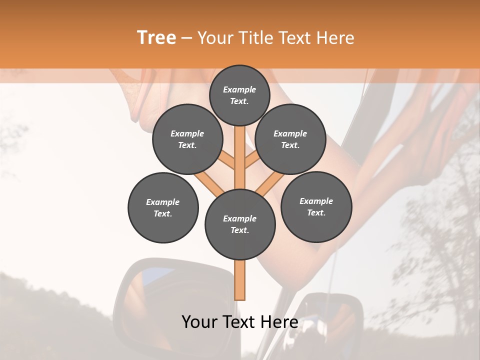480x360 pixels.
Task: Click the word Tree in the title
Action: (x=156, y=38)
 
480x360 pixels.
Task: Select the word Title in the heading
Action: (x=256, y=38)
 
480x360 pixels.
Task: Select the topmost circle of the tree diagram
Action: (x=239, y=95)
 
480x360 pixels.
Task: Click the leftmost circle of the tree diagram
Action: (x=163, y=208)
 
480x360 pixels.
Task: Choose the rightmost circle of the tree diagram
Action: (x=316, y=207)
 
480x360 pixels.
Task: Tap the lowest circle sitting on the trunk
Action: (x=240, y=224)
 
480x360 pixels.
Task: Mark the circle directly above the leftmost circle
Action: (x=187, y=139)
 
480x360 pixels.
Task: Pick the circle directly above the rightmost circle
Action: (x=290, y=139)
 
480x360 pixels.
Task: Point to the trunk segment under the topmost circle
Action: (x=239, y=150)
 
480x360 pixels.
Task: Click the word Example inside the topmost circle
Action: (x=239, y=90)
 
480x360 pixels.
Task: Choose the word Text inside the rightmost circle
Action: (x=316, y=212)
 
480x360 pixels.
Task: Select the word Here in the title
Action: (x=335, y=38)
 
